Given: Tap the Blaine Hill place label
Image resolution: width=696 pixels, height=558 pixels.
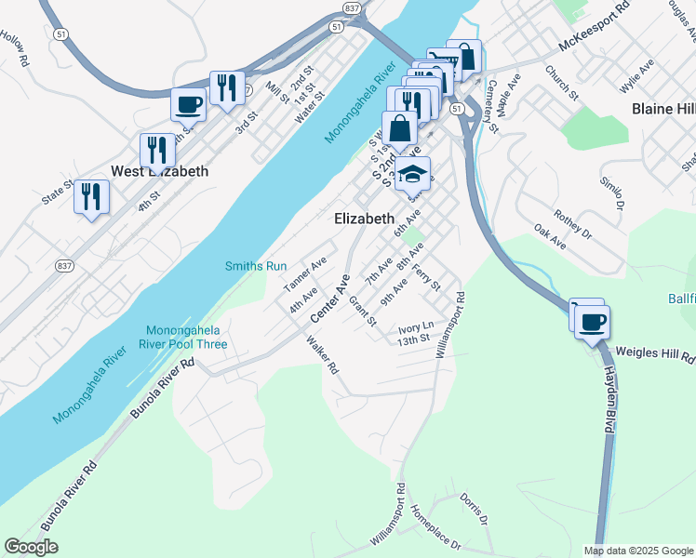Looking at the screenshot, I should [x=663, y=109].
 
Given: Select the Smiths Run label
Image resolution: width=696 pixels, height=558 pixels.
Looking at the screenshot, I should [x=256, y=266].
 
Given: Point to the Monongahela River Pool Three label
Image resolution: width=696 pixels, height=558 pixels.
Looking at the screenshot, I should [x=186, y=338].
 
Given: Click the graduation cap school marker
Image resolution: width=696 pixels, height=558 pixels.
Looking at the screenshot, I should [x=412, y=174].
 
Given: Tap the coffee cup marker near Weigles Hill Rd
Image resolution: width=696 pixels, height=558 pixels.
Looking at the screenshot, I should [x=592, y=323].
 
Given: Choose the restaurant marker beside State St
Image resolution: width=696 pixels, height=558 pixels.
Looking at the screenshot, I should [x=92, y=197].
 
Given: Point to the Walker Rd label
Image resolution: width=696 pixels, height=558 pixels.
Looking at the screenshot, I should [x=322, y=354].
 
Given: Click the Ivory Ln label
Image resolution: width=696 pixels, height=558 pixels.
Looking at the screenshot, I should [x=415, y=327].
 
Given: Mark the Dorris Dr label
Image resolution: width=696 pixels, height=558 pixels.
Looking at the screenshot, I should [x=474, y=509].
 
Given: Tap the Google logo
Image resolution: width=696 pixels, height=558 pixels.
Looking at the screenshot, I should [x=32, y=547].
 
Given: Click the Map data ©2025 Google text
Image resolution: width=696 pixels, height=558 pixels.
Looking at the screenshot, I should [x=638, y=551].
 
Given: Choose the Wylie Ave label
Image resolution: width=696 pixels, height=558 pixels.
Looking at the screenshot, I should [x=636, y=80].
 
